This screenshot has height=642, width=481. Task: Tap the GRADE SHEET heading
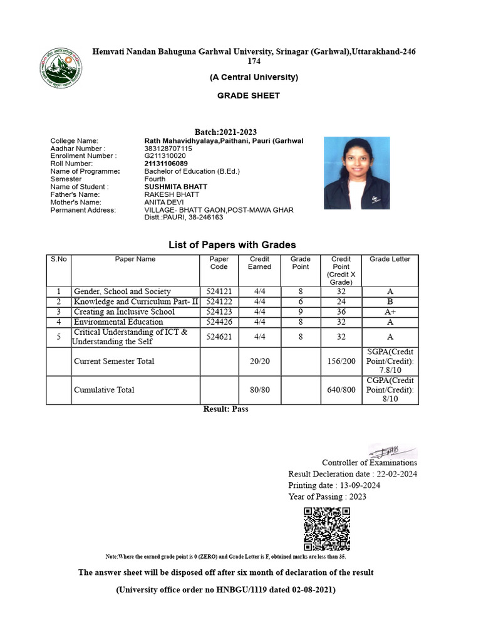249,96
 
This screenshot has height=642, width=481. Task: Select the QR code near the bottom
326,529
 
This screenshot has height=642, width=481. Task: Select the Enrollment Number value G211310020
165,156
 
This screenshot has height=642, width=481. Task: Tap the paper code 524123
219,312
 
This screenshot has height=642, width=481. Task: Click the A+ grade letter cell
390,312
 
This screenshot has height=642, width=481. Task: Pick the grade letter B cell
390,302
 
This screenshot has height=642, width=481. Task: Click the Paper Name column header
135,259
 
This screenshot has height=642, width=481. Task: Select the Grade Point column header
301,263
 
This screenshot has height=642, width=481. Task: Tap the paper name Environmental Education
119,322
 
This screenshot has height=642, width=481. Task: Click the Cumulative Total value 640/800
341,390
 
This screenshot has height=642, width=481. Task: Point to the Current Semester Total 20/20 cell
259,361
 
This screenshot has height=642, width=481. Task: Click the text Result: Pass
226,409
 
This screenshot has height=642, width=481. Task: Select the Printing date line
334,485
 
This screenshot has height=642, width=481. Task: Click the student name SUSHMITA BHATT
175,187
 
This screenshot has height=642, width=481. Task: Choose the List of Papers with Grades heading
232,245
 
